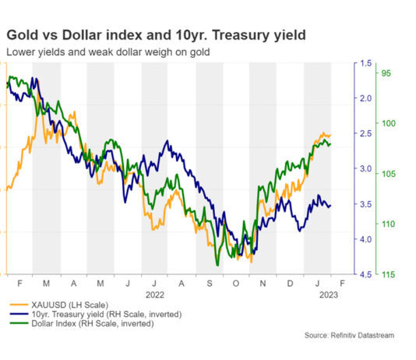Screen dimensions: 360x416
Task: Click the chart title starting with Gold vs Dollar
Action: [x=156, y=35]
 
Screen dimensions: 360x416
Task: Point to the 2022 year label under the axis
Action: [x=155, y=295]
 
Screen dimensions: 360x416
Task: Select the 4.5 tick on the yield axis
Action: [x=365, y=274]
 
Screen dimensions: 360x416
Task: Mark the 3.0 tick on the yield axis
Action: [x=365, y=169]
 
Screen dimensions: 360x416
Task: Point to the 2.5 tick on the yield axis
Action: [x=365, y=134]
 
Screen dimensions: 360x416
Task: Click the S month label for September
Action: [x=210, y=284]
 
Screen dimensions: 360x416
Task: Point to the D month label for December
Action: [x=291, y=284]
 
